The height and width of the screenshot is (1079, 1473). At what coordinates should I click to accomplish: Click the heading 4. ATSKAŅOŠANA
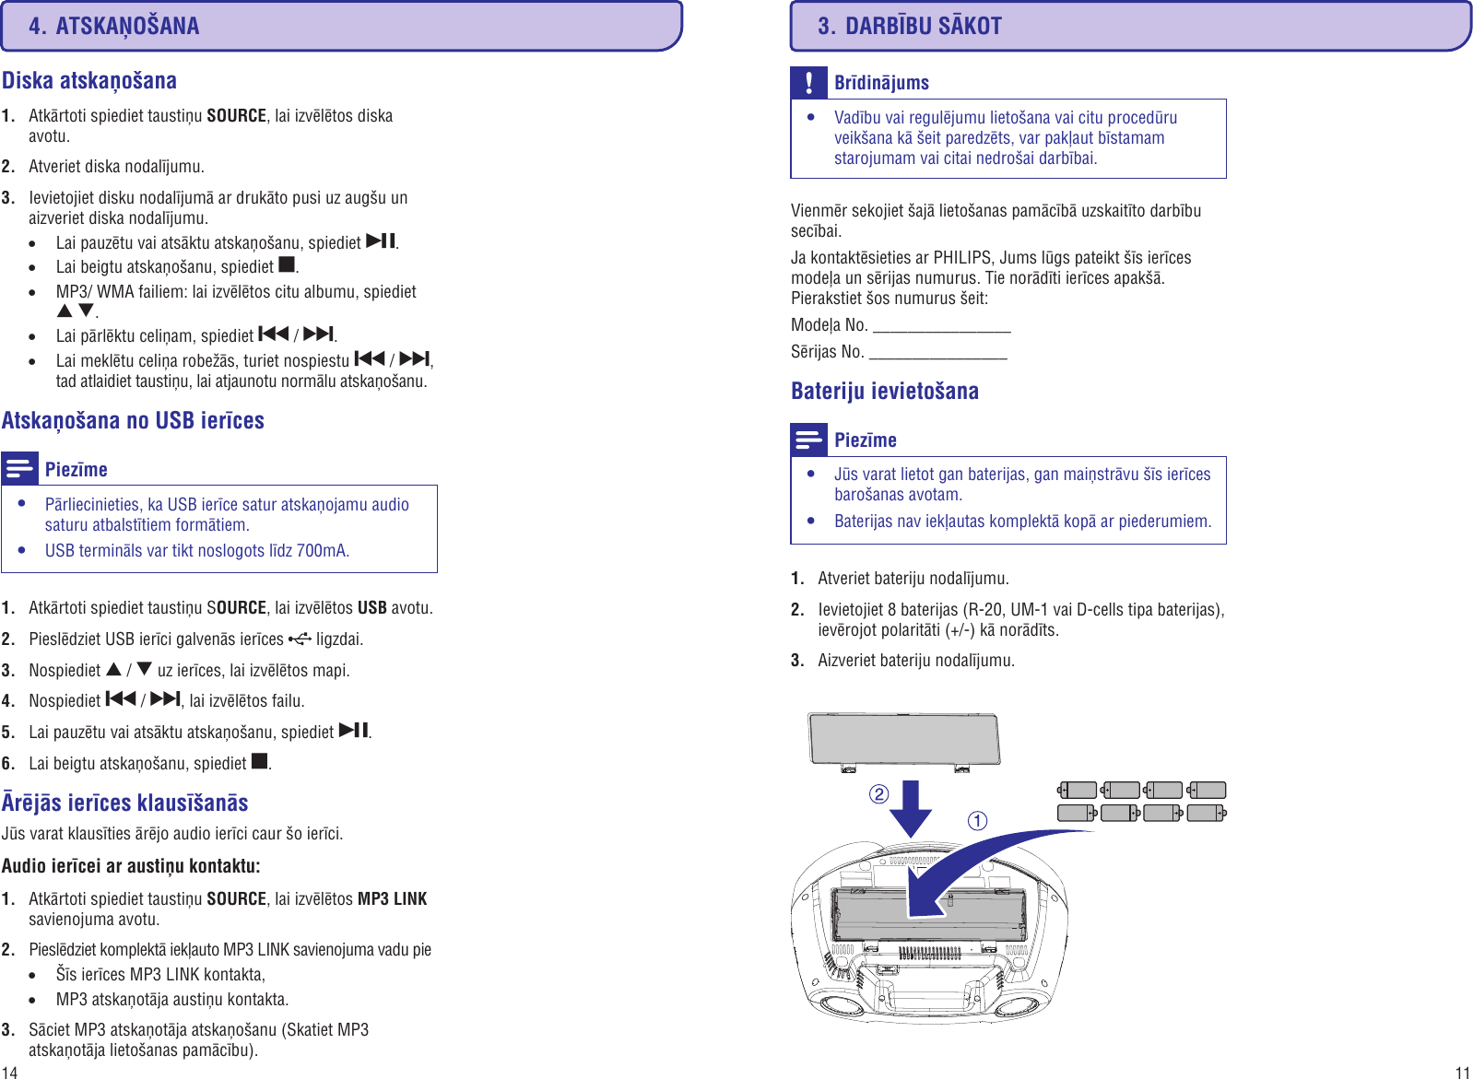coord(113,26)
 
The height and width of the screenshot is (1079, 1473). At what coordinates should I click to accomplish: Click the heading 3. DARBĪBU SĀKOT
coord(909,26)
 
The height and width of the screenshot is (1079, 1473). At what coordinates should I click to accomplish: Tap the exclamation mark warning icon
coord(808,83)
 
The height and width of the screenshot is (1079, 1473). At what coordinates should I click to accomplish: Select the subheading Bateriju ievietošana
coord(884,391)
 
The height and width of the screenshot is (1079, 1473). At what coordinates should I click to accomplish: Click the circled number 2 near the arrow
coord(878,794)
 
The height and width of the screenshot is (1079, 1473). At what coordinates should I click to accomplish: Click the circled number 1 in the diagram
coord(977,820)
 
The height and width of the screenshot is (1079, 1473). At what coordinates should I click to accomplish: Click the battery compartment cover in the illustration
coord(903,739)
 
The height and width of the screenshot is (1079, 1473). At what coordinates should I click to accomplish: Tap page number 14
coord(9,1072)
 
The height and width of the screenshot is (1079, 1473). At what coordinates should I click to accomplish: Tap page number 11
coord(1462,1072)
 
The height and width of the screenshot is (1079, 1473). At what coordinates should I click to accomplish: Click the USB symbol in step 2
coord(300,638)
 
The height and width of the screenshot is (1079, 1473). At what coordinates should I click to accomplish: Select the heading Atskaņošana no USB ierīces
coord(133,421)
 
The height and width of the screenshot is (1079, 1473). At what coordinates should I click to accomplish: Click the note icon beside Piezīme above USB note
coord(19,468)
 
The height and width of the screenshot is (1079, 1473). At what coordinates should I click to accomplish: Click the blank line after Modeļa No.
coord(941,327)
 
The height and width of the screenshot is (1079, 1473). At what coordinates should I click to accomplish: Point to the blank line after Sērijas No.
coord(937,354)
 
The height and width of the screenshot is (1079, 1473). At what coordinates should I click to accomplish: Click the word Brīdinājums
coord(881,83)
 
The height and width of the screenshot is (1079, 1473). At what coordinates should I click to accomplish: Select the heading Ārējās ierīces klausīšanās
coord(124,803)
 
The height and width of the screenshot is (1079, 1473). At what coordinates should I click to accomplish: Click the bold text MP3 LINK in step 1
coord(392,898)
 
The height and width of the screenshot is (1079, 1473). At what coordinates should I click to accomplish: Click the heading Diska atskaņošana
coord(89,81)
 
